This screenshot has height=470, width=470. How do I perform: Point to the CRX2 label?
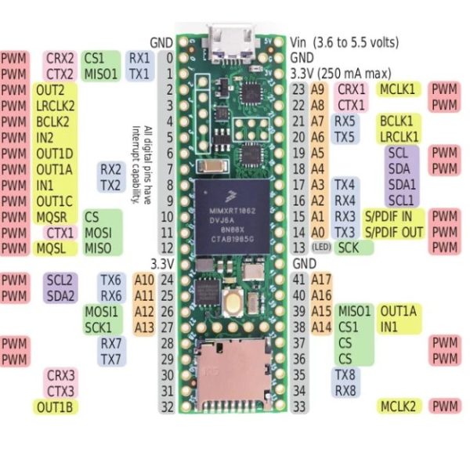point(60,58)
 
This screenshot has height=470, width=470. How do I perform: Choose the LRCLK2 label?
point(55,106)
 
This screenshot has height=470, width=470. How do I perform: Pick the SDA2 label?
point(60,295)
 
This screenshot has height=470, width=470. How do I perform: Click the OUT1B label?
point(55,407)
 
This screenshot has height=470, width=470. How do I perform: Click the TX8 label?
point(345,374)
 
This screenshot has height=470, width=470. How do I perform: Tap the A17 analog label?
point(322,279)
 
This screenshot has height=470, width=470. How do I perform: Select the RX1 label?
point(139,58)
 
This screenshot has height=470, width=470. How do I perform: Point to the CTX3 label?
point(60,391)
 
